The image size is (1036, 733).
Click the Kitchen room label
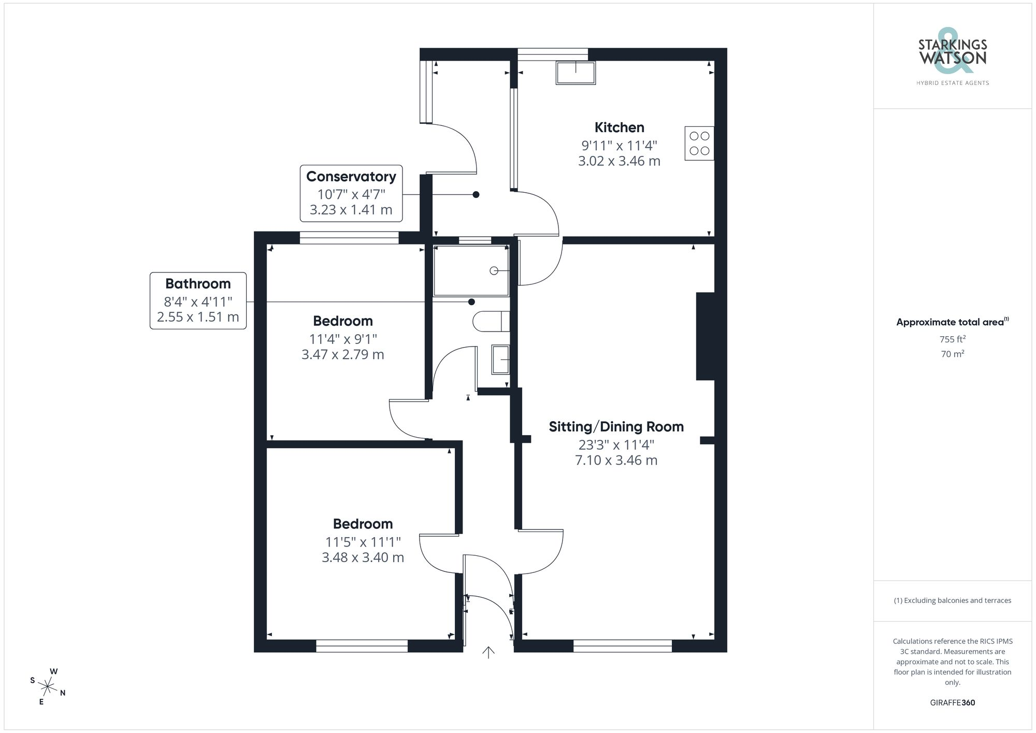(619, 127)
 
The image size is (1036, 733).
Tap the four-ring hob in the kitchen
(699, 143)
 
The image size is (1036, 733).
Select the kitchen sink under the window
(575, 73)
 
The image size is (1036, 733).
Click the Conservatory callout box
(351, 193)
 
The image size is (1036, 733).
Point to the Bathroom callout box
(198, 300)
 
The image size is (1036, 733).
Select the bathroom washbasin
(501, 360)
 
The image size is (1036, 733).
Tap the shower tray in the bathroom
(471, 270)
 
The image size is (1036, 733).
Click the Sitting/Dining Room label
(616, 427)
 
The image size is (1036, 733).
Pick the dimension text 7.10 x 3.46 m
(616, 460)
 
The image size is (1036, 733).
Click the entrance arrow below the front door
(488, 652)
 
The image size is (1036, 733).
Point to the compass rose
(48, 687)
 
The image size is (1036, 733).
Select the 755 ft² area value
(953, 339)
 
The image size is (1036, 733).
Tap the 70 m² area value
(953, 354)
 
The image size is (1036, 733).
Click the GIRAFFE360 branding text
(953, 703)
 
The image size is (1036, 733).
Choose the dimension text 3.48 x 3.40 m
(363, 557)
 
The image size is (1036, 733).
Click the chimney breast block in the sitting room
(705, 336)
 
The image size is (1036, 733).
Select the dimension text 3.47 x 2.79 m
(343, 354)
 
